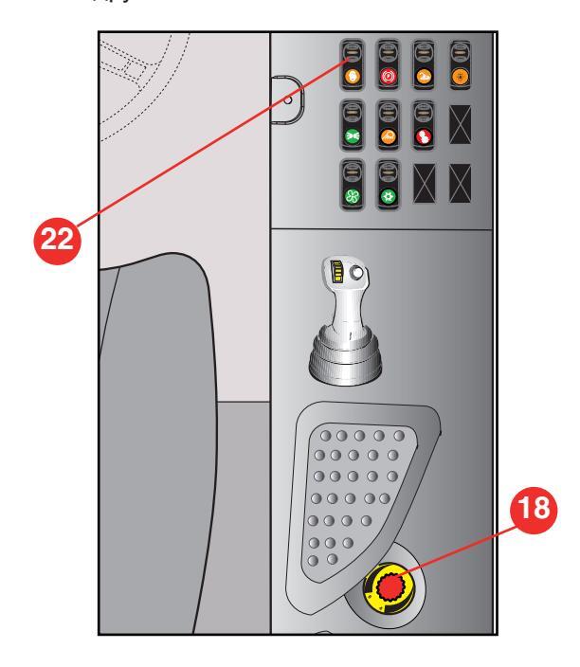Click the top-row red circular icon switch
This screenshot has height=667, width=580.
click(388, 76)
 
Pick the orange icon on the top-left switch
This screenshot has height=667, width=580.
click(352, 76)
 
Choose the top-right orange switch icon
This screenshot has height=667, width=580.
click(461, 76)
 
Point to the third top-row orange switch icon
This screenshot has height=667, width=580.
click(425, 76)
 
